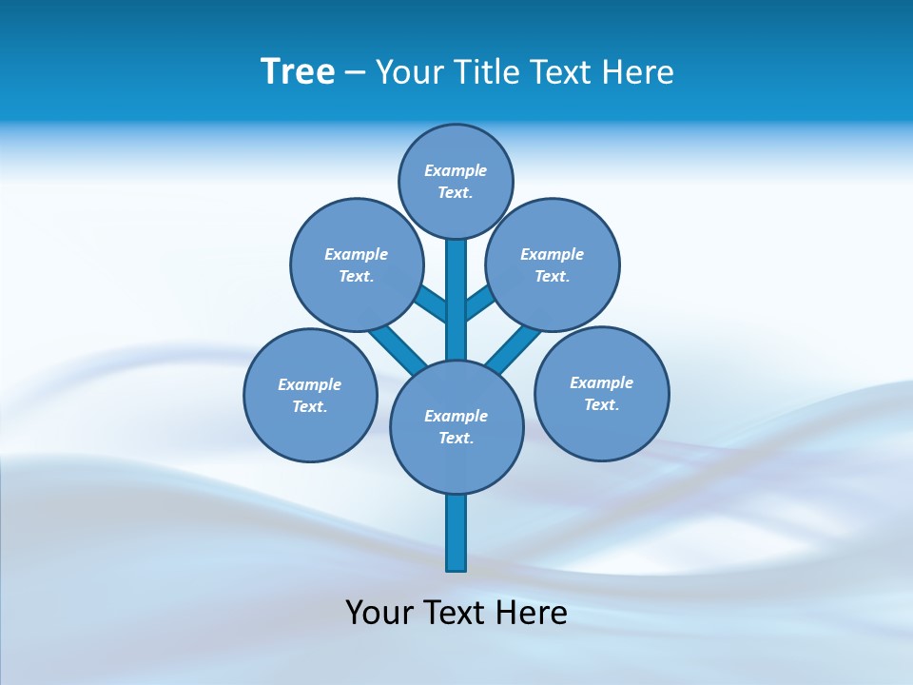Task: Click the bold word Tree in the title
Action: tap(298, 72)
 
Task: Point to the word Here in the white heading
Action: tap(639, 72)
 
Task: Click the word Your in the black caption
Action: tap(379, 613)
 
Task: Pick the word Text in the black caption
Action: tap(456, 613)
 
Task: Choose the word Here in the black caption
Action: tap(532, 613)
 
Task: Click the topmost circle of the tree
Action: tap(456, 181)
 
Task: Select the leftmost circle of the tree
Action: tap(310, 395)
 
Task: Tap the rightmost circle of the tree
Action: tap(602, 393)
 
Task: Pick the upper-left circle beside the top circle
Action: tap(357, 264)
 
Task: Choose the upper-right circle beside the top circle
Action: tap(553, 264)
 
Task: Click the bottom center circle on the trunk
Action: tap(456, 426)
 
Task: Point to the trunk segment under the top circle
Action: tap(456, 295)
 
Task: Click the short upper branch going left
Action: tap(431, 303)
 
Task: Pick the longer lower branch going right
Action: tap(514, 347)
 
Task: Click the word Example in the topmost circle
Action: tap(456, 170)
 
